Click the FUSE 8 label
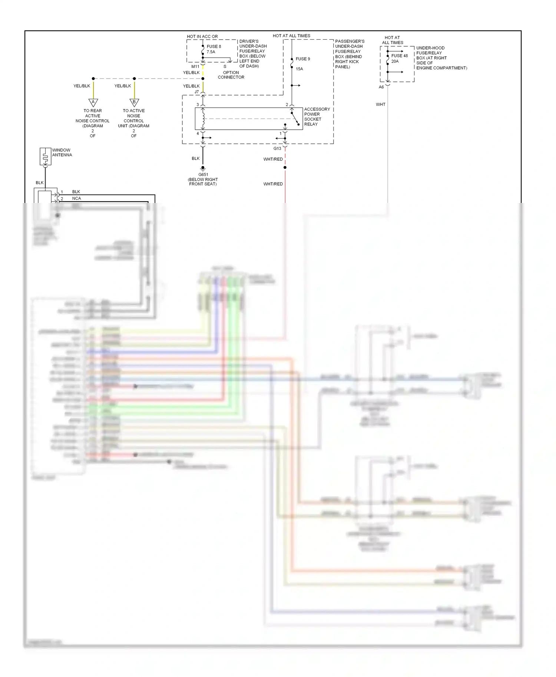point(214,46)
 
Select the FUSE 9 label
point(302,59)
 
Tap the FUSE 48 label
point(399,56)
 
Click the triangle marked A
point(93,102)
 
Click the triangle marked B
point(134,102)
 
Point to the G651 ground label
point(203,174)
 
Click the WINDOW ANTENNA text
point(62,153)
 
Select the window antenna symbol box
point(45,157)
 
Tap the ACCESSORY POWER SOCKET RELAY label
point(317,117)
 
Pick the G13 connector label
point(277,149)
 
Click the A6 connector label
point(381,87)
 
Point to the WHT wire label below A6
point(380,104)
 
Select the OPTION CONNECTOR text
point(231,75)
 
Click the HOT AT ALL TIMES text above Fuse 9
point(291,36)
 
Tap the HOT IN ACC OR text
point(202,37)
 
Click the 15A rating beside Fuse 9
point(299,69)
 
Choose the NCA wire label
point(76,199)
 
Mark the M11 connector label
point(195,67)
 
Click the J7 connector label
point(196,92)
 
